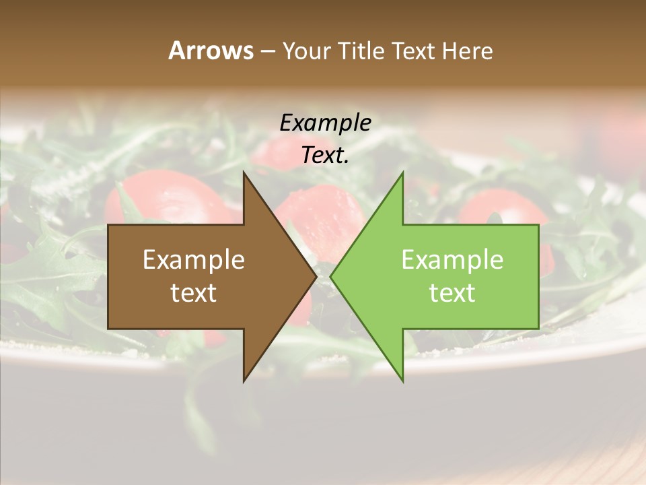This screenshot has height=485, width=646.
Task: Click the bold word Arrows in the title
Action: pos(211,51)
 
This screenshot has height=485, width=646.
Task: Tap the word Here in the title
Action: pos(467,51)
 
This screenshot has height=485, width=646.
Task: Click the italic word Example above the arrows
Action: pos(325,123)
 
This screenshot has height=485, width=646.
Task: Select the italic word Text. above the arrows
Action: pos(325,156)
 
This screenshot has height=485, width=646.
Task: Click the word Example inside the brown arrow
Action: pos(194,260)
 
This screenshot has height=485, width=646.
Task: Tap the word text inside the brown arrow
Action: pos(194,293)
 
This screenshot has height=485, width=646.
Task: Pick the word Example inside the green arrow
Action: pos(452,260)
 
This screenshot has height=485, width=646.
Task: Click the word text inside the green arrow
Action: pos(452,293)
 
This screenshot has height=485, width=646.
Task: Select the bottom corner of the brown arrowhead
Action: pos(244,381)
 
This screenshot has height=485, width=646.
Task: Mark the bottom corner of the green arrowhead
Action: pos(402,381)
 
